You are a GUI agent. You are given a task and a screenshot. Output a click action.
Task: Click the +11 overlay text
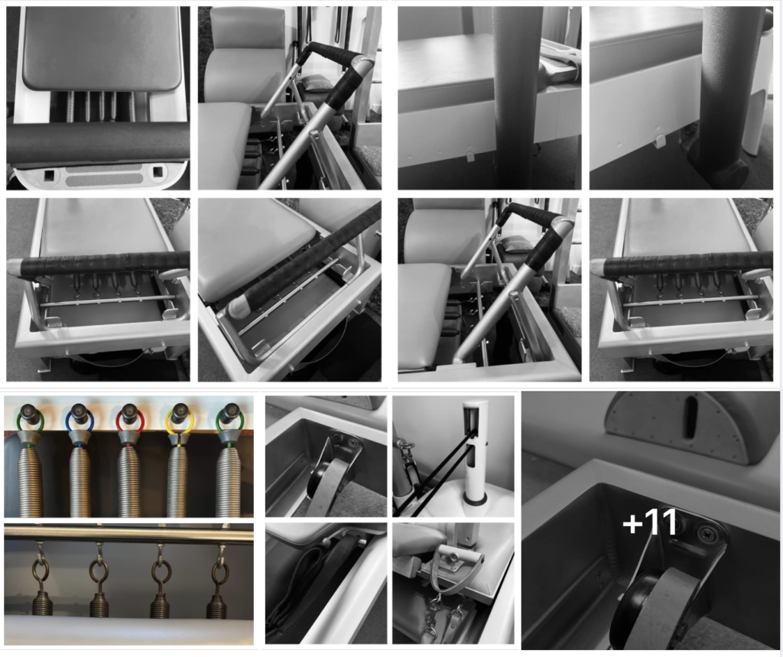click(x=650, y=524)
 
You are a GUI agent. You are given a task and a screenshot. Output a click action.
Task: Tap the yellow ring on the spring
click(x=180, y=421)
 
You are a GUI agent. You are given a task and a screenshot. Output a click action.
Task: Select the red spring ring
click(x=130, y=421)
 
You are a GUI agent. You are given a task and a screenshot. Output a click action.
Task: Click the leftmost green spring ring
click(x=30, y=421)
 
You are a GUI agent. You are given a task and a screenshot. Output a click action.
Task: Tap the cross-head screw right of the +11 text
click(x=707, y=535)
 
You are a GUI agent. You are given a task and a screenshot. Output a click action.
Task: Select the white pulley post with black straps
click(x=473, y=444)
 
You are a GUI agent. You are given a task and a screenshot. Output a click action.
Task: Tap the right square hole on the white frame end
click(x=157, y=173)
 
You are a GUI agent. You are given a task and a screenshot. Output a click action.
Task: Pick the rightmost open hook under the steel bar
click(x=219, y=570)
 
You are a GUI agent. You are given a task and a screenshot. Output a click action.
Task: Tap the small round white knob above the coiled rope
click(x=334, y=539)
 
